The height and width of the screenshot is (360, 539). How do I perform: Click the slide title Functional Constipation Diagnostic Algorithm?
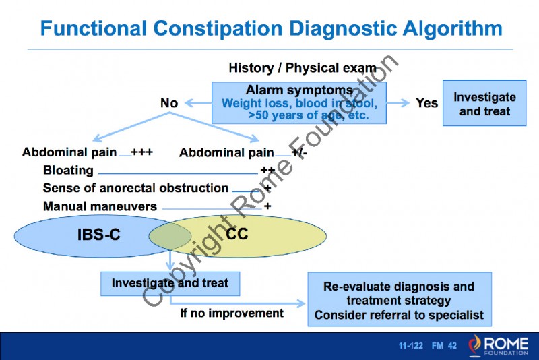pos(271,28)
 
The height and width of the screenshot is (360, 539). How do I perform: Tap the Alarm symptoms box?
pos(299,103)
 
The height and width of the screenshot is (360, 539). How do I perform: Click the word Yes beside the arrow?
pos(426,103)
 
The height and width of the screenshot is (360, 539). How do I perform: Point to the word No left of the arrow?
pos(169,103)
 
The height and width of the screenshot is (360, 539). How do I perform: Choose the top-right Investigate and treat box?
pos(484,103)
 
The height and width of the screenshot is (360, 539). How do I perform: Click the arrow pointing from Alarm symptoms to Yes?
pos(399,103)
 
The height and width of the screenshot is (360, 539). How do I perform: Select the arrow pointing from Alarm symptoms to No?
pos(197,103)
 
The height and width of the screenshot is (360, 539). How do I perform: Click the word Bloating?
pos(68,171)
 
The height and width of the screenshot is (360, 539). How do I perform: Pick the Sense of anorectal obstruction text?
pos(135,188)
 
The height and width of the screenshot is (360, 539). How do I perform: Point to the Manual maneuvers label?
pos(100,206)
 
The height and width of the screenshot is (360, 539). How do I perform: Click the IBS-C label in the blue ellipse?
pos(98,235)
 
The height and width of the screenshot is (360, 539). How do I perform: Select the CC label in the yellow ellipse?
pos(237,234)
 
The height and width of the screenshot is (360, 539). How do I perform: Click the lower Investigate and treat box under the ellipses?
pos(169,283)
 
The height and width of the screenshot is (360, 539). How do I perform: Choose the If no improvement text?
pos(231,313)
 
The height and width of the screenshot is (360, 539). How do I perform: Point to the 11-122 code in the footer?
pos(410,346)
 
